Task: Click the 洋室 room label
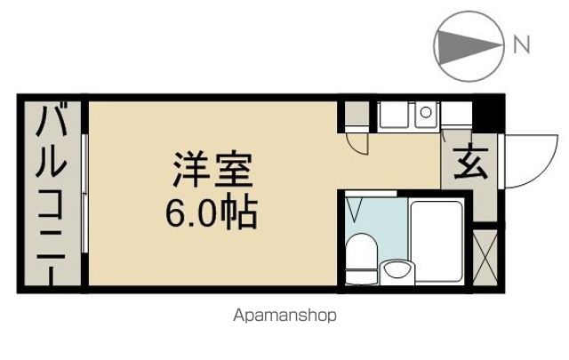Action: click(212, 169)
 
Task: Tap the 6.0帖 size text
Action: click(212, 212)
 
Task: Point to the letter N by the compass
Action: click(522, 45)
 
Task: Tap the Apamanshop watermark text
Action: click(284, 316)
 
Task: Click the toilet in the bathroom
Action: click(362, 259)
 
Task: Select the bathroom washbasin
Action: click(397, 272)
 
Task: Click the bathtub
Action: click(437, 241)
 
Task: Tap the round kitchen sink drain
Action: click(426, 112)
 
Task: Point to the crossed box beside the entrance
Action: click(485, 257)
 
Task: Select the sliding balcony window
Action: click(84, 194)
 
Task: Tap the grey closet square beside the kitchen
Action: click(357, 113)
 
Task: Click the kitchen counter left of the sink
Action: click(393, 115)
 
